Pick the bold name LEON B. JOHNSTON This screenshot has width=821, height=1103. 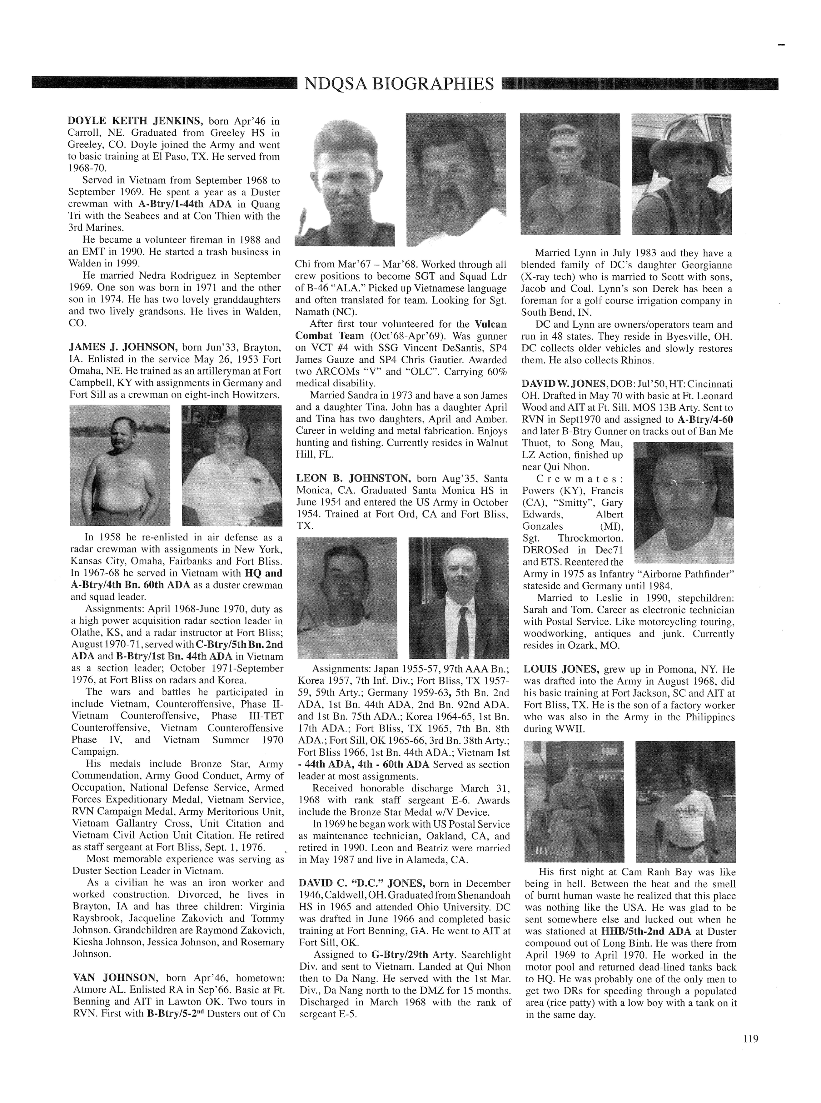click(x=353, y=478)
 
